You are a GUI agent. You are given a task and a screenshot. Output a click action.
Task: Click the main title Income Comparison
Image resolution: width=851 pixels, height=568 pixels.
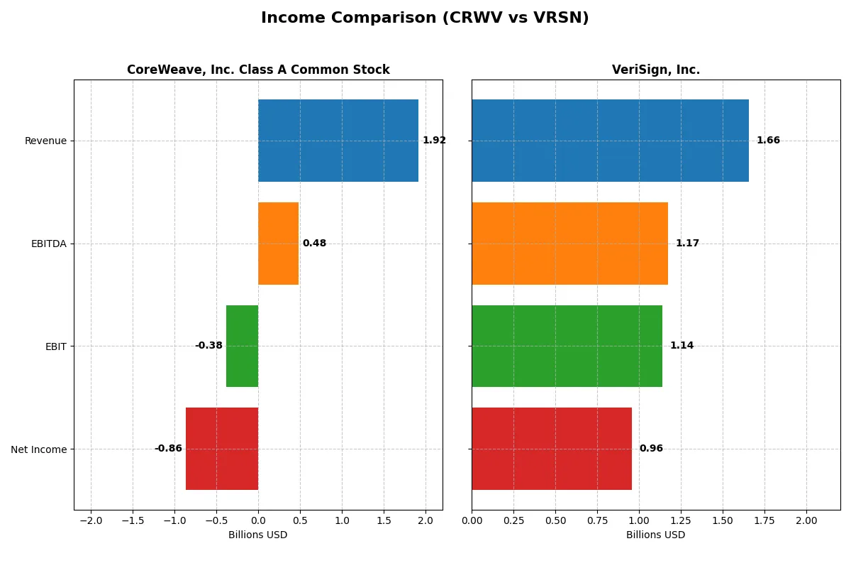point(425,18)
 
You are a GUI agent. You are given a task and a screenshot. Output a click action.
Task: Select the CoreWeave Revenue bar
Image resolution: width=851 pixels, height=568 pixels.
point(338,141)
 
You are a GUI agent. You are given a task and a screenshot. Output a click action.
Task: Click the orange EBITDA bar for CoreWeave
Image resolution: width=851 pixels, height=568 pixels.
point(278,244)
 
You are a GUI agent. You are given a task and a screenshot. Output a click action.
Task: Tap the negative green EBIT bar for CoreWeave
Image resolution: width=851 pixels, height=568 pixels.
point(242,346)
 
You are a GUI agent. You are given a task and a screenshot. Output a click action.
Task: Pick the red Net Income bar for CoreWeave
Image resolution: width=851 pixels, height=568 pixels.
point(222,449)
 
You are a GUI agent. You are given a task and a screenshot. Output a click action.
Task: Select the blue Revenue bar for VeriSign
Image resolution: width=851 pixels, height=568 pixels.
point(610,141)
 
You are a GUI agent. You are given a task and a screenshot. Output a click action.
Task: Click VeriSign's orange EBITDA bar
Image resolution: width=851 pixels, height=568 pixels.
point(569,244)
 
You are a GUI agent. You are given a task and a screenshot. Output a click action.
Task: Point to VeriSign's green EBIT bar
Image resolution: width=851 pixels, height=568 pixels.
point(567,346)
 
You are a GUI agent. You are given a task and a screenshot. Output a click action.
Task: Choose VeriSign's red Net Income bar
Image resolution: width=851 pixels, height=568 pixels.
point(552,449)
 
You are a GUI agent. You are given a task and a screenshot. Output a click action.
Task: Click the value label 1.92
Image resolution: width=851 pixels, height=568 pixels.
point(434,141)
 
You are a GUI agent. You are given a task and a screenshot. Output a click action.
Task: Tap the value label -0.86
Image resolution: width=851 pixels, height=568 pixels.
point(168,449)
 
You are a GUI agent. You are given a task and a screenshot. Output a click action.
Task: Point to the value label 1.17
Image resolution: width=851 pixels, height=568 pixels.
point(687,244)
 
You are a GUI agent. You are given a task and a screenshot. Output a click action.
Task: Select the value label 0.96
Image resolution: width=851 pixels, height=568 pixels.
point(651,449)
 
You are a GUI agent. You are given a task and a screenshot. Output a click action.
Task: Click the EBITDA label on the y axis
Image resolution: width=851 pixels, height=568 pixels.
point(48,244)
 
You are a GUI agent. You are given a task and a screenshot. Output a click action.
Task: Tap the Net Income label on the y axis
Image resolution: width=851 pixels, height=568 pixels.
point(39,449)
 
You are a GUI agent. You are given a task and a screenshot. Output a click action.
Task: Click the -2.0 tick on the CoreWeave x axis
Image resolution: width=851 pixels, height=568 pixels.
point(90,520)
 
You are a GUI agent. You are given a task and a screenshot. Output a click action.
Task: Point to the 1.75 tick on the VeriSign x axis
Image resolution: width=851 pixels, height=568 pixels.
point(764,520)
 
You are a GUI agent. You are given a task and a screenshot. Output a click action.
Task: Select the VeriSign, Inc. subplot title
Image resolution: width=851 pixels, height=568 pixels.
point(655,70)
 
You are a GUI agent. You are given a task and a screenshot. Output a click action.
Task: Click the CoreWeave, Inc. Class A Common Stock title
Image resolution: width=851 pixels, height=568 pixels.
point(258,70)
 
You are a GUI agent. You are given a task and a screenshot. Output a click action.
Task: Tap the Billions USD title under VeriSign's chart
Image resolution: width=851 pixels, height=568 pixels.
point(655,535)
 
